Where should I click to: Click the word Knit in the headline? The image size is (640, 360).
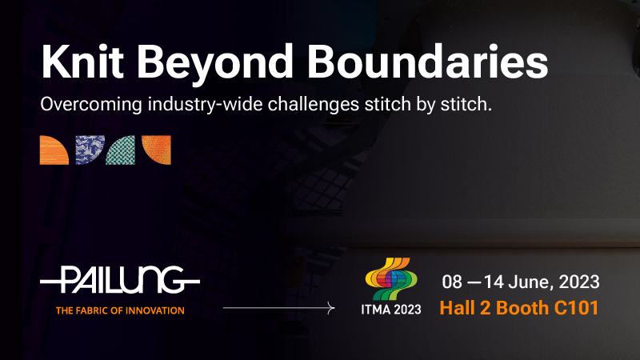tap(82, 62)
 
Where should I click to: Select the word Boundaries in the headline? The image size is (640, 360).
tap(428, 62)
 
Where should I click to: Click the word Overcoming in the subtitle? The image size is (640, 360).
tap(91, 104)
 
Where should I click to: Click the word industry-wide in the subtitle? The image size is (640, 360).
tap(206, 104)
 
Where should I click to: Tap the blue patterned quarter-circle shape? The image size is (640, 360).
tap(90, 150)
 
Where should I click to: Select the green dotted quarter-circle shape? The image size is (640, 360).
tap(121, 150)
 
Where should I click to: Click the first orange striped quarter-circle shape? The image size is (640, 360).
tap(54, 150)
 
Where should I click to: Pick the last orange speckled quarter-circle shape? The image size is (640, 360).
tap(156, 150)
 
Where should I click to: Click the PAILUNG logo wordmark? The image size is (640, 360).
tap(120, 280)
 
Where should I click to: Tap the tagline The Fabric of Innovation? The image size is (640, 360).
tap(120, 310)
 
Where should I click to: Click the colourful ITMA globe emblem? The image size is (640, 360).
tap(391, 278)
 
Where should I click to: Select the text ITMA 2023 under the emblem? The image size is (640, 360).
tap(391, 310)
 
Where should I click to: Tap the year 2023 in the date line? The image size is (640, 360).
tap(579, 282)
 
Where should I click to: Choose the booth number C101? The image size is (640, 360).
tap(576, 308)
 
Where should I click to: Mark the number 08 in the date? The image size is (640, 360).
tap(452, 282)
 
